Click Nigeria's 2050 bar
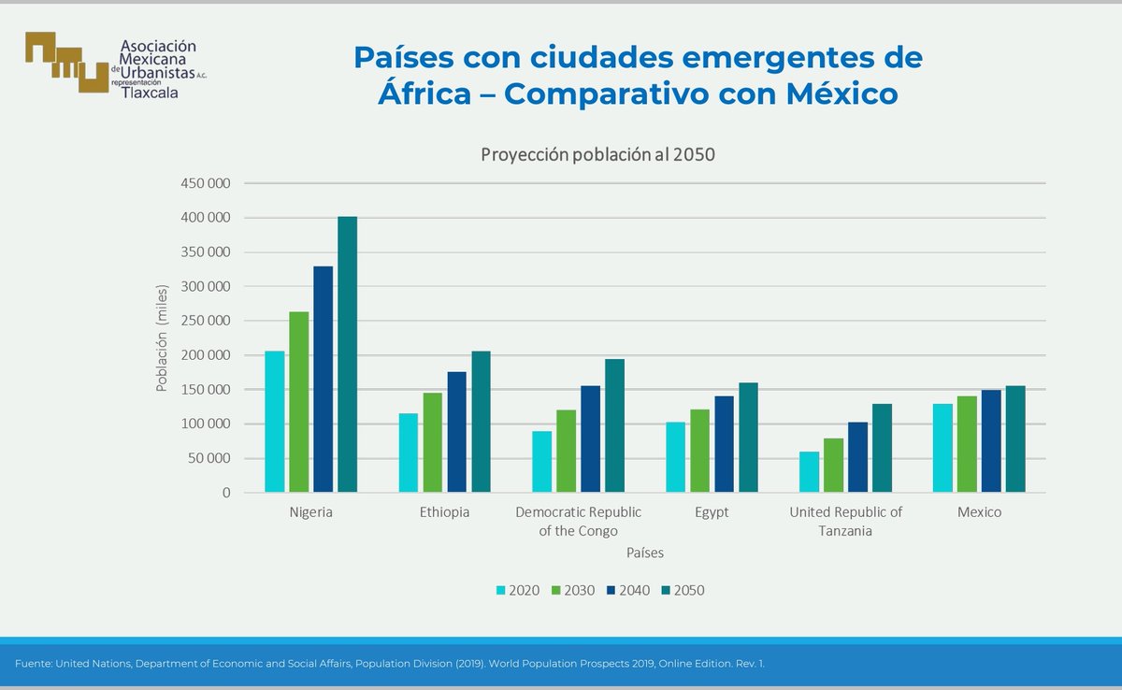347,354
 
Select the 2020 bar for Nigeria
274,422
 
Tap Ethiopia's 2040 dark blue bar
456,432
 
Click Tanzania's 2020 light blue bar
809,472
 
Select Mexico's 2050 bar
1015,438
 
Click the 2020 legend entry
517,590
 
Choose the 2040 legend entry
627,590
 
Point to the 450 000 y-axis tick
205,183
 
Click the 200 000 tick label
205,355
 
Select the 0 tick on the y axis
224,493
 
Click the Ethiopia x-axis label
444,512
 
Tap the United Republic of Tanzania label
845,521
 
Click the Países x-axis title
645,553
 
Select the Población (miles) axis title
162,338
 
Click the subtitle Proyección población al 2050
597,155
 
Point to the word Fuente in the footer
33,664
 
